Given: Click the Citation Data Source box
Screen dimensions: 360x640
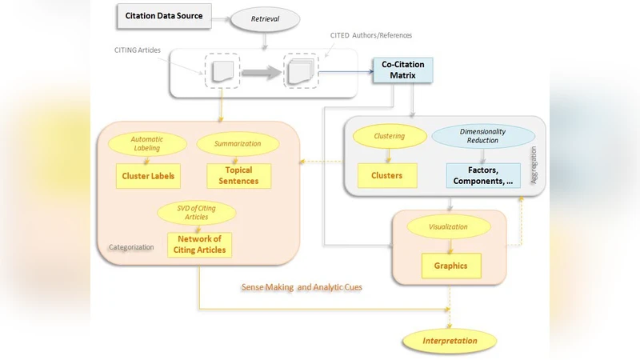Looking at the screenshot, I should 164,15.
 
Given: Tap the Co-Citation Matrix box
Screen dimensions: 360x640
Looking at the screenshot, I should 402,70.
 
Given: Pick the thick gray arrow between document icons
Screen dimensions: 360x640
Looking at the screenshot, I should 260,73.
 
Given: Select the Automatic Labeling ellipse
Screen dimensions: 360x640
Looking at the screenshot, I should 146,143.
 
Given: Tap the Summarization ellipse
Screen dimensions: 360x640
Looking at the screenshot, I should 238,144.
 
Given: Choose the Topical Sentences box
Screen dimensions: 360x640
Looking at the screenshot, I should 238,176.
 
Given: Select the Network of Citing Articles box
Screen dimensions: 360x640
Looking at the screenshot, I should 198,245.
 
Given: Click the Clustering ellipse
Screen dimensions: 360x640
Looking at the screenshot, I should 390,136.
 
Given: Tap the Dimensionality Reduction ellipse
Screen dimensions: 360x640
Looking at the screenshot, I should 483,136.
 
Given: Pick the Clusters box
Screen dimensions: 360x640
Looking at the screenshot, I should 386,175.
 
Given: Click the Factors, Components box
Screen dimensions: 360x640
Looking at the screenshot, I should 482,175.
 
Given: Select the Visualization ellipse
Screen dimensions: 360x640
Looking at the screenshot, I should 448,226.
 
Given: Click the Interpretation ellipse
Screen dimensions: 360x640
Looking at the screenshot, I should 449,341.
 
